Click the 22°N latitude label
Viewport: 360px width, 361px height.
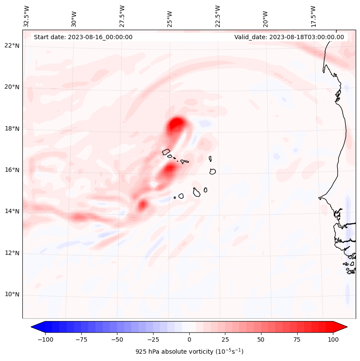coord(12,46)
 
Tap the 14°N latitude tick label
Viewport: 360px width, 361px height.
coord(12,211)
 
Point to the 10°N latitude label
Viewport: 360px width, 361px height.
coord(12,295)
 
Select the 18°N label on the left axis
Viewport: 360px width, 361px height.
coord(12,129)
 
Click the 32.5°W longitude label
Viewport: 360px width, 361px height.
coord(27,16)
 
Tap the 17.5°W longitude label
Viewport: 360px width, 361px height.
coord(313,16)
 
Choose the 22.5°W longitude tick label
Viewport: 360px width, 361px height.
coord(218,16)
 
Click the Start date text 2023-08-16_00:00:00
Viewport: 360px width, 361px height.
coord(83,37)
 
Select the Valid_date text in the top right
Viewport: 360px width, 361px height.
coord(289,37)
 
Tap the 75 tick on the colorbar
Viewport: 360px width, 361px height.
coord(297,339)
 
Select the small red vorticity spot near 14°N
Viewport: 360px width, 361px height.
coord(142,205)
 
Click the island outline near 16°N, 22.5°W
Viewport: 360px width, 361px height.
coord(212,171)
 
